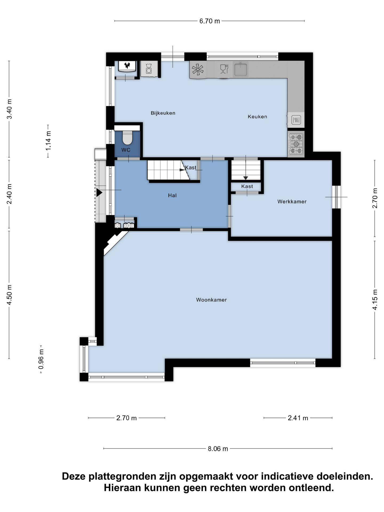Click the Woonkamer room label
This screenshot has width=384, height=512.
(211, 300)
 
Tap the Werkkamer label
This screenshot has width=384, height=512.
(292, 202)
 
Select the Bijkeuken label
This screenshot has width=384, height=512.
(163, 113)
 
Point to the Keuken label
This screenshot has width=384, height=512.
(257, 117)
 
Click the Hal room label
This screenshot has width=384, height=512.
(172, 195)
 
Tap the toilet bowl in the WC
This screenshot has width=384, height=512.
(127, 137)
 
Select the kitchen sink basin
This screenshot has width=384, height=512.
(241, 69)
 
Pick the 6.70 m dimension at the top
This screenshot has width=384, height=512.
(210, 21)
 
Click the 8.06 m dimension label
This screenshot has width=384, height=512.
(218, 449)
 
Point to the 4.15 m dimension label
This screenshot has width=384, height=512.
(375, 299)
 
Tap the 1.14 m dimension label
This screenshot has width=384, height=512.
(48, 141)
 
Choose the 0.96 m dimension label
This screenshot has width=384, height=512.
(41, 359)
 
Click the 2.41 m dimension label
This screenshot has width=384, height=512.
(298, 418)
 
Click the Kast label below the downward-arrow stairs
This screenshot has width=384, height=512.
(247, 186)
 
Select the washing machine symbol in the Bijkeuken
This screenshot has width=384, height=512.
(149, 69)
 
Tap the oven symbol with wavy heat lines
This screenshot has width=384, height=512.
(296, 120)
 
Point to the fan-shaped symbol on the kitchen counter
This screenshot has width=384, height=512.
(198, 70)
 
